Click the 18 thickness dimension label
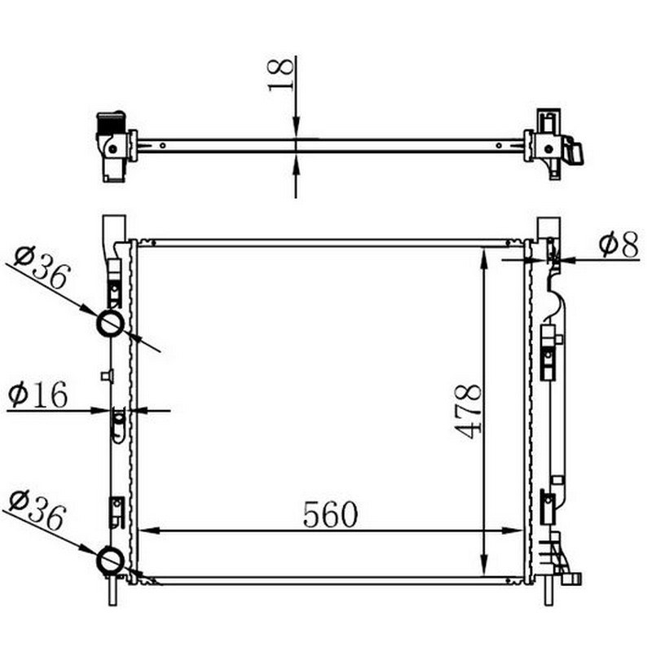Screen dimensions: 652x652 tap(281, 74)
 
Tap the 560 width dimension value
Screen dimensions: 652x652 tap(330, 514)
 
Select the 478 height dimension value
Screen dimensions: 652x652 tap(468, 412)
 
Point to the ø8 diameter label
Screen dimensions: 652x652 tap(619, 245)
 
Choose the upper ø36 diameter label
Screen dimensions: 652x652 tap(42, 268)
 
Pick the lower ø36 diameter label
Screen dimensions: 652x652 tap(37, 511)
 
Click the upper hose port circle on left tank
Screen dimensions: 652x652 tap(110, 324)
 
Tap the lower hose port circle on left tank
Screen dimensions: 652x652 tap(110, 561)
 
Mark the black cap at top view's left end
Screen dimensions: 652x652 tap(111, 123)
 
